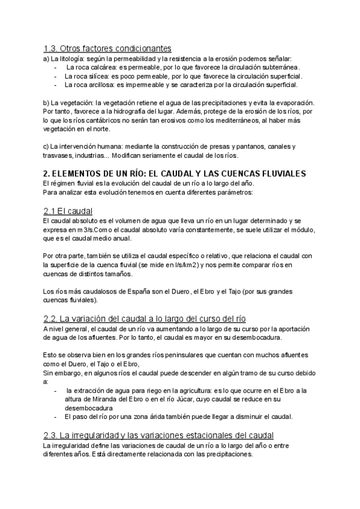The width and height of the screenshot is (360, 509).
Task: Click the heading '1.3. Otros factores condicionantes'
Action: pos(107,48)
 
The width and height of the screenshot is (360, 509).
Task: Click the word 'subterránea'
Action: pos(280,67)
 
